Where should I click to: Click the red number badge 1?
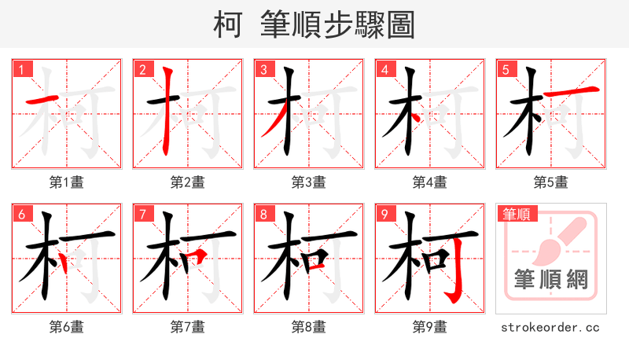coord(21,69)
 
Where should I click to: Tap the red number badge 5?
coord(506,69)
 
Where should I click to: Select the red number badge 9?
coord(384,214)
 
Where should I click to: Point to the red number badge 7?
coord(142,214)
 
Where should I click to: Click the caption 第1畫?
coord(67,182)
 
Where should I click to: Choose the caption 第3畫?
coord(309,182)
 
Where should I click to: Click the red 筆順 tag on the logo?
coord(516,214)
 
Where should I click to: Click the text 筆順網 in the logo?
coord(550,280)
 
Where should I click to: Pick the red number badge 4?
coord(384,69)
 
